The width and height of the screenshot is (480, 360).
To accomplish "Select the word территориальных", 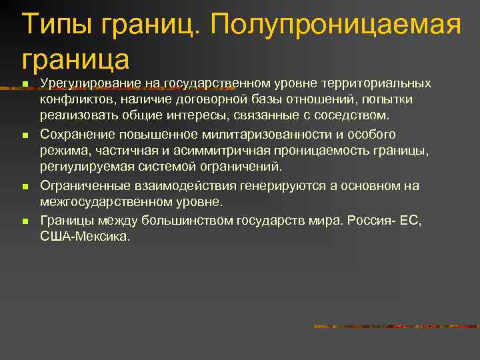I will [x=376, y=83].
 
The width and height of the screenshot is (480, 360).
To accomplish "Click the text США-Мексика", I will [x=86, y=235].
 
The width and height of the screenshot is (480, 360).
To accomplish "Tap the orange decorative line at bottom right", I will [x=396, y=327].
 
